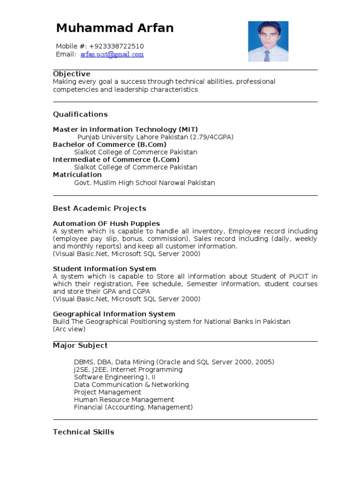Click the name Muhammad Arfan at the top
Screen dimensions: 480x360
pos(115,28)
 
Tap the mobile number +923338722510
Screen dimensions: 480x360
pos(116,46)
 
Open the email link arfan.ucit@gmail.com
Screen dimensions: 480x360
pos(112,54)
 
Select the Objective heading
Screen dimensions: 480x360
pos(72,74)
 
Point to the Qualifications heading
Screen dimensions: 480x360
pos(80,114)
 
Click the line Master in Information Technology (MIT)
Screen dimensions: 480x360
pos(125,129)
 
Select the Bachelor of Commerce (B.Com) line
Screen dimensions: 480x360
pos(110,144)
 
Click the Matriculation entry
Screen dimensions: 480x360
pos(77,174)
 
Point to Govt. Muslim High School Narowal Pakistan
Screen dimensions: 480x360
pos(144,182)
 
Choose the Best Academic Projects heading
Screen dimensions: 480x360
pos(99,209)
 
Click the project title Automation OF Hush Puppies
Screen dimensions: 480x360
pos(106,224)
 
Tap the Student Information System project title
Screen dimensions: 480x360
pos(105,269)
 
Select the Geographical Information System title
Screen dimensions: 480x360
pos(114,314)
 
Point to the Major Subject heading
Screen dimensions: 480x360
pos(80,345)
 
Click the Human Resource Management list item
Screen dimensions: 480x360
pos(124,399)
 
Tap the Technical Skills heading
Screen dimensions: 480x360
pos(83,432)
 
